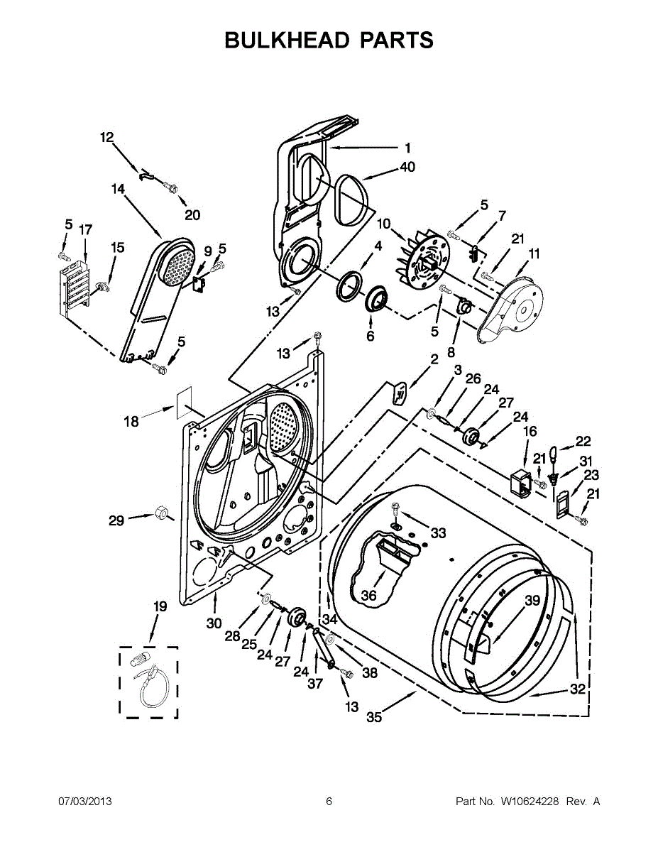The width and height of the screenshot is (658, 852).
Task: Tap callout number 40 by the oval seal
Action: (x=407, y=167)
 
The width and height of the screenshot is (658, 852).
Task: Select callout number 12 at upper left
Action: (x=106, y=137)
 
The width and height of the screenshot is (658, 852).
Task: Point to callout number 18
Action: (x=131, y=422)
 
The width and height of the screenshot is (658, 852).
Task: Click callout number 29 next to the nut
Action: (x=116, y=520)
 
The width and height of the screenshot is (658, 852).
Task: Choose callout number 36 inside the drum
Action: (x=368, y=596)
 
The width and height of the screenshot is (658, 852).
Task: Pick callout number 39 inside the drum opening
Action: (x=532, y=600)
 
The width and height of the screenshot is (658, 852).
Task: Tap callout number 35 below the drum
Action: (x=374, y=717)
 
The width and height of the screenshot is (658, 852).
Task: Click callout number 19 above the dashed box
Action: (x=160, y=606)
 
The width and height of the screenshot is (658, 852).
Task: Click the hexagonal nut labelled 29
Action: (x=160, y=512)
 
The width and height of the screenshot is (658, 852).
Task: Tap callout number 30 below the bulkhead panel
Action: (x=214, y=623)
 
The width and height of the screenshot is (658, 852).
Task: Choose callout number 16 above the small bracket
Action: (x=530, y=432)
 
